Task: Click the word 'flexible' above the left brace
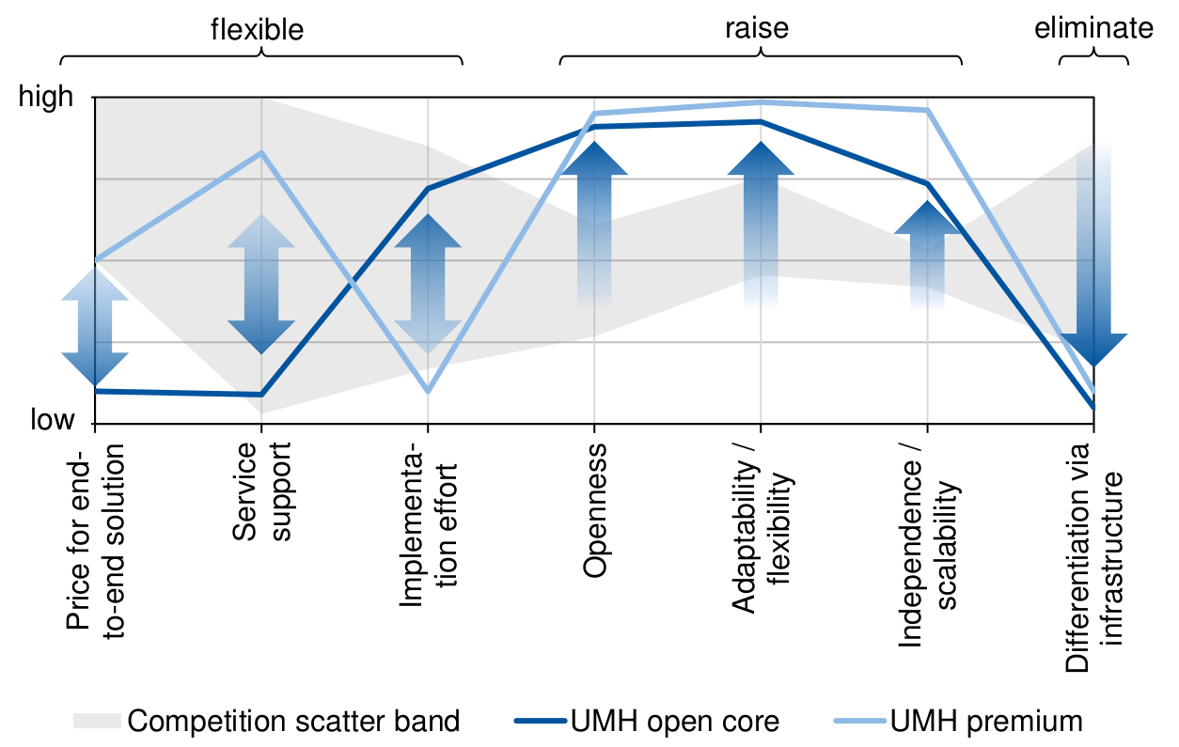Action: (257, 29)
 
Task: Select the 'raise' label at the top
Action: (757, 28)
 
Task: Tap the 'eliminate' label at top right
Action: (1093, 28)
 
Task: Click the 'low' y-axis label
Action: (52, 420)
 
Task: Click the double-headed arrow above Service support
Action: (261, 285)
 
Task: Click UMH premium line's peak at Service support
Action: (261, 152)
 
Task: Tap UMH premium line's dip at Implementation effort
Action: (428, 390)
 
